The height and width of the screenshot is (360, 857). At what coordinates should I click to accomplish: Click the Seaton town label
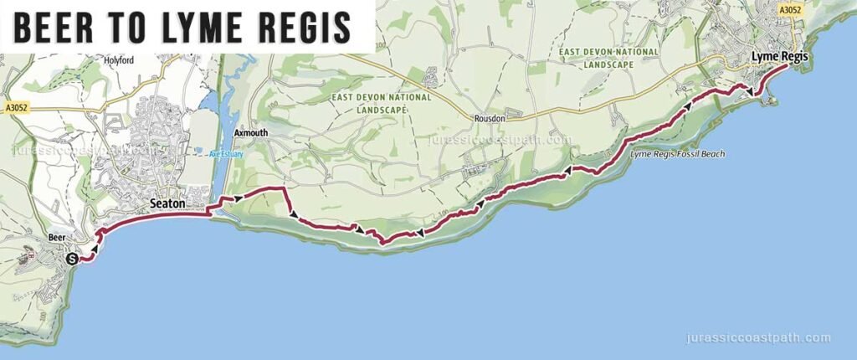pos(166,203)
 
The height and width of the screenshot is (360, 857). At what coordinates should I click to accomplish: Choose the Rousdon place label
pos(488,119)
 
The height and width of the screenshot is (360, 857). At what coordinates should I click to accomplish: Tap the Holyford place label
pos(117,60)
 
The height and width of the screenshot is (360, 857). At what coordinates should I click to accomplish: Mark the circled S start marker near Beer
pos(72,259)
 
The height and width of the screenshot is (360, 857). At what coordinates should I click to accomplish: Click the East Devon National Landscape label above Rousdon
pos(381,103)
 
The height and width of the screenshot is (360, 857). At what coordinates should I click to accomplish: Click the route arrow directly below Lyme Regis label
pos(750,92)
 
